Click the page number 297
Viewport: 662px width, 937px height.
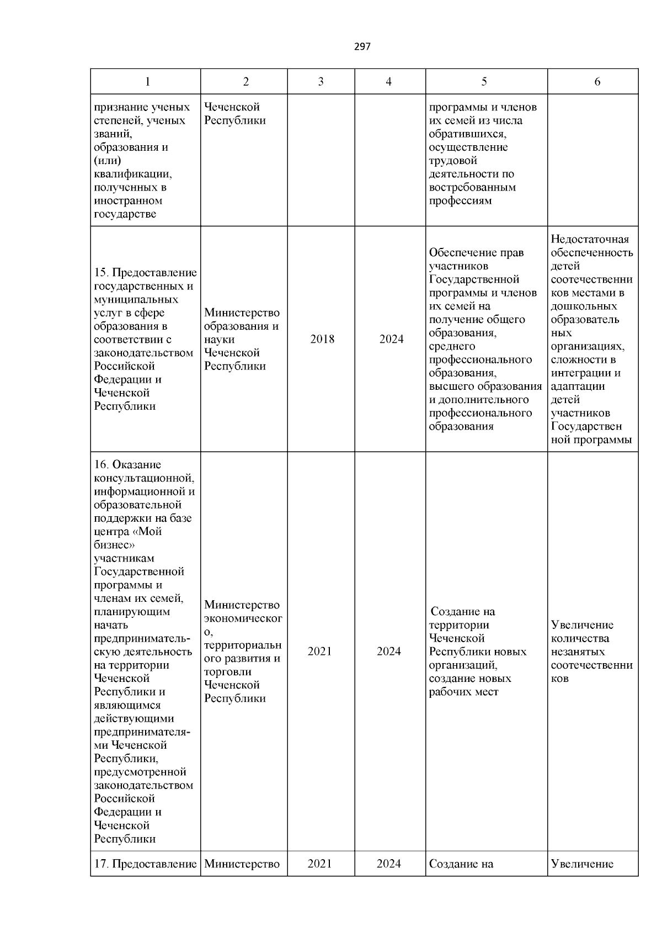(362, 47)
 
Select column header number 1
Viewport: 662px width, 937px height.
(147, 82)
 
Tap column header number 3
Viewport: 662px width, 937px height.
(321, 82)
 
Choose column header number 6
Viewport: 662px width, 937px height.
(597, 82)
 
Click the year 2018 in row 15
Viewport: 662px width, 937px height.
(322, 339)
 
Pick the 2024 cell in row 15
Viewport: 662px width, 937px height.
(391, 339)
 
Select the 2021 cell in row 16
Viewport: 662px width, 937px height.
(319, 652)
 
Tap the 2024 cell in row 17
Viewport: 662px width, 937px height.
(388, 864)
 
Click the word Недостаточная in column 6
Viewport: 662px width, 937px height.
(590, 239)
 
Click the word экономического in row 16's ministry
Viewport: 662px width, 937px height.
(243, 618)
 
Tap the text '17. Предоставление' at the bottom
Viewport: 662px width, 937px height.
(145, 864)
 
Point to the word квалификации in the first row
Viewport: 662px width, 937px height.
(132, 174)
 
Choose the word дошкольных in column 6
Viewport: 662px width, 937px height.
(584, 306)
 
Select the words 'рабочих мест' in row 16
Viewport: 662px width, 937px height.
(463, 692)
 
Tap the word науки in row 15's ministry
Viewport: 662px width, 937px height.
(219, 339)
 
